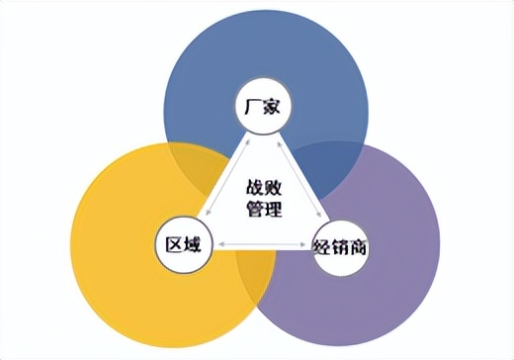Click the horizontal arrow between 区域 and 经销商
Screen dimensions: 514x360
click(261, 244)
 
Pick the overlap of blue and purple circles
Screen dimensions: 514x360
click(331, 163)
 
